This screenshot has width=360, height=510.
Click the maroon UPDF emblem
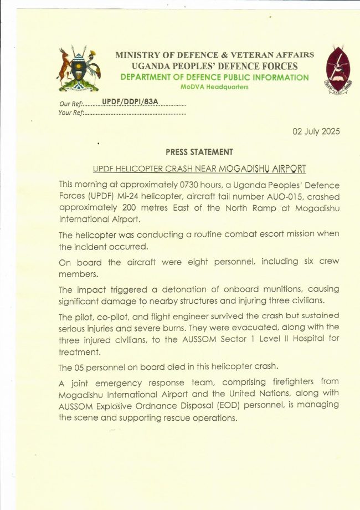[x=337, y=69]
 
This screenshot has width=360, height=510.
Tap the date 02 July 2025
[x=316, y=131]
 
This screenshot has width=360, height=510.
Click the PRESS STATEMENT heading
[x=199, y=152]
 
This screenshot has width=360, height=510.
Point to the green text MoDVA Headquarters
[x=214, y=87]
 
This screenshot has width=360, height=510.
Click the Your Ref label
[x=70, y=113]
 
